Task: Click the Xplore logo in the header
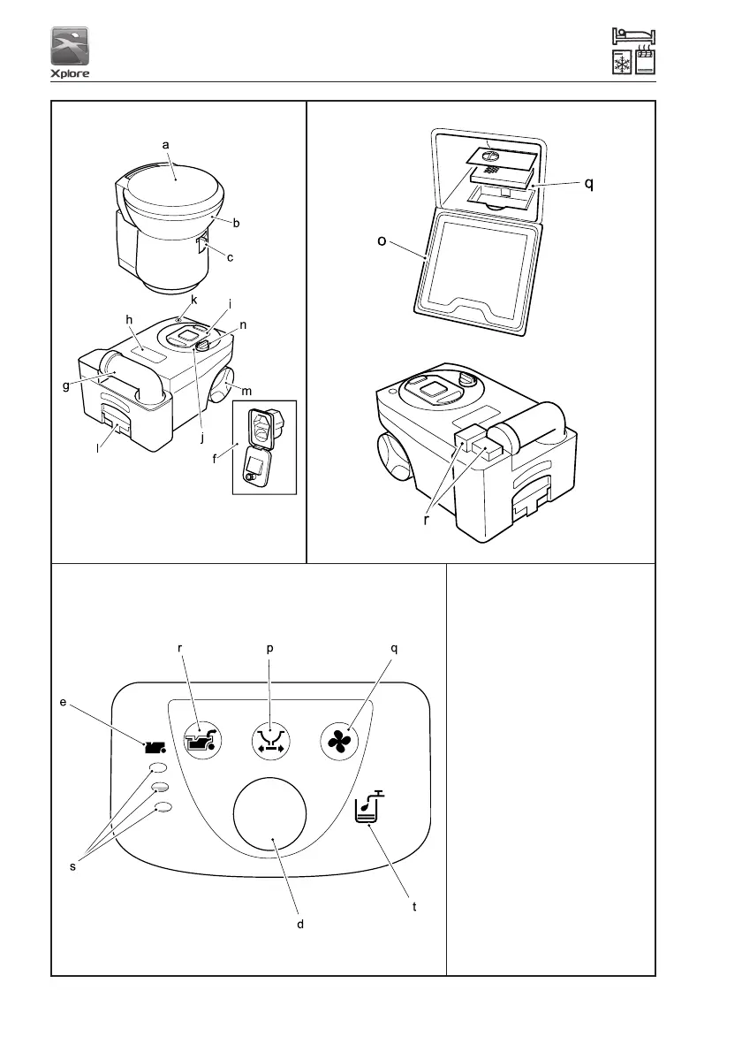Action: click(69, 53)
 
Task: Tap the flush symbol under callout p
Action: click(269, 738)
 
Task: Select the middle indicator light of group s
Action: click(161, 787)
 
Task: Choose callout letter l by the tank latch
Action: click(96, 449)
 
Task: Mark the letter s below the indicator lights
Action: click(72, 867)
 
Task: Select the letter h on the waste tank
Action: click(128, 319)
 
